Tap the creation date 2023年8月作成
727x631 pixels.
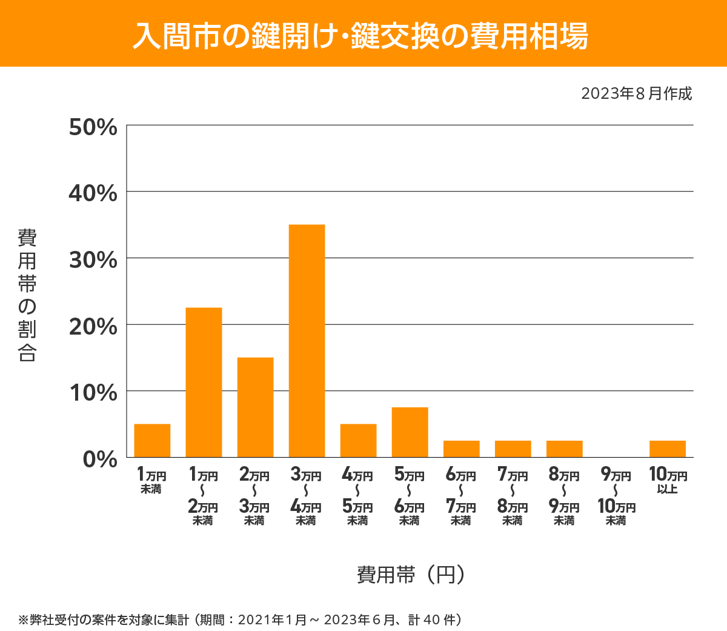coord(636,93)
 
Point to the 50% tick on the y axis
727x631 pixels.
coord(93,127)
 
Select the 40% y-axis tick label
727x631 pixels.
coord(93,193)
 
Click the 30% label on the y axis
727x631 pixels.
coord(93,260)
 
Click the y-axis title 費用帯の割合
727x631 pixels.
coord(27,295)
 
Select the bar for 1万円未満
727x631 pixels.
coord(152,441)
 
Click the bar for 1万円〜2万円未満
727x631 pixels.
coord(204,382)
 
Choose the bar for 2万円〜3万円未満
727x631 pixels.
coord(255,407)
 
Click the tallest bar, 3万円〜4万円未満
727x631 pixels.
coord(307,341)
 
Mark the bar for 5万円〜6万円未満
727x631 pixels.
coord(410,432)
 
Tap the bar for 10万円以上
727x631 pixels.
coord(667,449)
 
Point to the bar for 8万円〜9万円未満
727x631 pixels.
coord(564,449)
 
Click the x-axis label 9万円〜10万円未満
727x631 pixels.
coord(616,496)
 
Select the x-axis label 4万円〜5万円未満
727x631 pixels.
coord(357,496)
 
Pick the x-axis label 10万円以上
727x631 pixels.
coord(668,480)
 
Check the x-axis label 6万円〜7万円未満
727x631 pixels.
coord(461,496)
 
